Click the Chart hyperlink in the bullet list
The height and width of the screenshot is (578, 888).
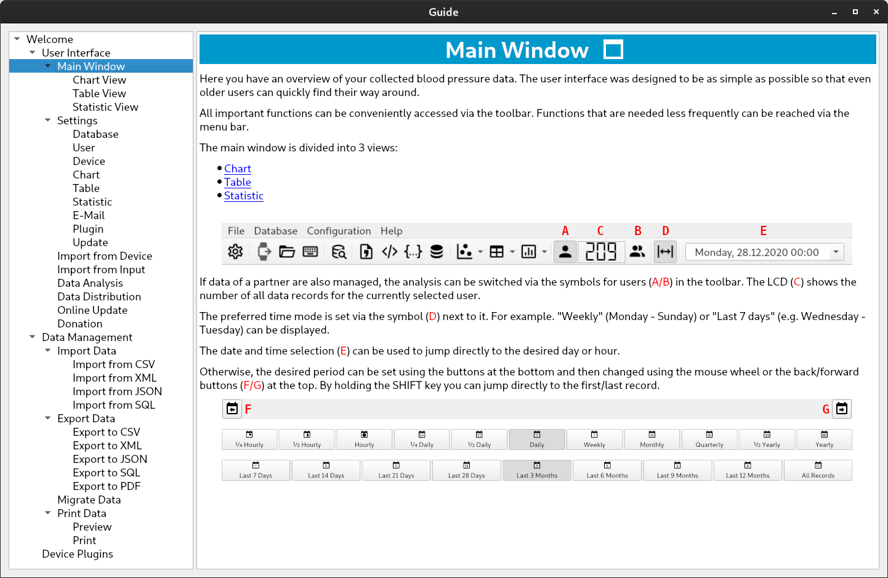(237, 169)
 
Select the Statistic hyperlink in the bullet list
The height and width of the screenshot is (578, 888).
(243, 196)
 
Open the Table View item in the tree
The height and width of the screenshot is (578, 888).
(99, 94)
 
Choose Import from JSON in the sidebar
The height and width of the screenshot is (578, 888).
(117, 391)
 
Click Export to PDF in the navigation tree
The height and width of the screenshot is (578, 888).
(107, 486)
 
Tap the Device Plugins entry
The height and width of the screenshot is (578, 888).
(78, 554)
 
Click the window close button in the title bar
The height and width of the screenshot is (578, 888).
(876, 12)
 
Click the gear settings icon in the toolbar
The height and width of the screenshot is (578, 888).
(235, 252)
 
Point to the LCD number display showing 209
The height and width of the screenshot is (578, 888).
(601, 252)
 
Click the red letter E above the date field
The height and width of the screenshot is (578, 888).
(763, 231)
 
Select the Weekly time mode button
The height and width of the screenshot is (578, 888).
(594, 440)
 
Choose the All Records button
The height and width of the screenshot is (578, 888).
(818, 470)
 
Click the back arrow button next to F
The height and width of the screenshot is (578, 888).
(232, 409)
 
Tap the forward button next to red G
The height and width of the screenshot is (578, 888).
(842, 409)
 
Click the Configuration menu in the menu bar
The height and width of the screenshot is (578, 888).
(339, 231)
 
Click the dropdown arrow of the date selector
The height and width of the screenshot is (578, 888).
(836, 252)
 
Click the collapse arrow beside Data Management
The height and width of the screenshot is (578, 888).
(33, 337)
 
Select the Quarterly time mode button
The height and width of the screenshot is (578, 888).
(709, 440)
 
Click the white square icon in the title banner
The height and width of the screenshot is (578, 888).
(613, 50)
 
